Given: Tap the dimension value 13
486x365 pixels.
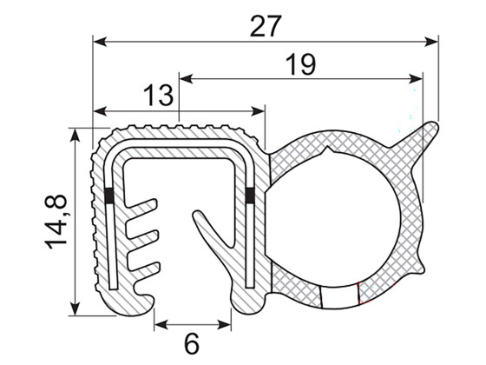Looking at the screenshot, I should click(x=156, y=96).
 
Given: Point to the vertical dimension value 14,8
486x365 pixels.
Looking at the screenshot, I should click(x=57, y=223).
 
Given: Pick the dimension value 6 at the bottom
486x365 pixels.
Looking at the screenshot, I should click(x=192, y=342).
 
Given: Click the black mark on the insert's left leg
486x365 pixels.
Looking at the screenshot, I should click(x=108, y=196).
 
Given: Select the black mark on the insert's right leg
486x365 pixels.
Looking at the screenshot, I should click(x=250, y=196).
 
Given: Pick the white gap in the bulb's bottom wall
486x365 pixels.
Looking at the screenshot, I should click(x=338, y=296).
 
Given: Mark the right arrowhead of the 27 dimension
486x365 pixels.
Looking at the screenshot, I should click(x=433, y=40).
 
